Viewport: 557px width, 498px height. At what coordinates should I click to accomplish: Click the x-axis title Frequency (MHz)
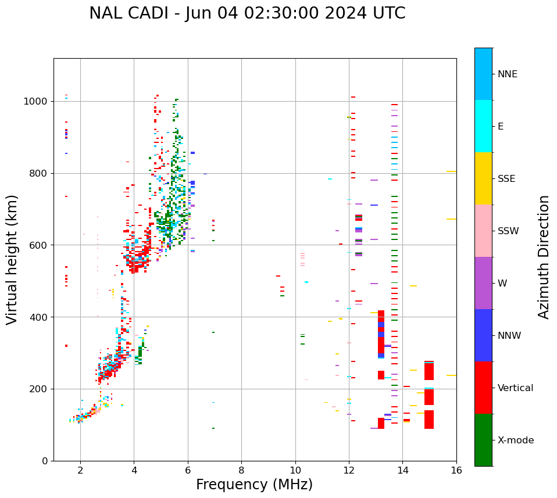point(254,485)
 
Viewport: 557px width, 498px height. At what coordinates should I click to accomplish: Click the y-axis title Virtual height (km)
point(12,260)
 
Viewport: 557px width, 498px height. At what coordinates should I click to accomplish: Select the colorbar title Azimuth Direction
point(544,257)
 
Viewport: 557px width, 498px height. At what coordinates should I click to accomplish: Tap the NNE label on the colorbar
point(507,74)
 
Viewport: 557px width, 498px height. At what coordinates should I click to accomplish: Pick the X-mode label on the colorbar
point(515,440)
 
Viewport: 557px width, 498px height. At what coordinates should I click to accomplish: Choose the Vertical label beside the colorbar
point(515,388)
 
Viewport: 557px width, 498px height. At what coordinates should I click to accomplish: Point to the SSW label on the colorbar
point(508,231)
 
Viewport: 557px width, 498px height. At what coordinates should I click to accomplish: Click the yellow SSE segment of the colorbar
point(483,178)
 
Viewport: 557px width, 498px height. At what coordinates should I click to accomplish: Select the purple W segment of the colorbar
point(483,283)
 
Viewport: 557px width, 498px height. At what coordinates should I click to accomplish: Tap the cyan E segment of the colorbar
point(483,126)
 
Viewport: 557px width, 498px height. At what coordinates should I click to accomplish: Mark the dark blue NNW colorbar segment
point(483,335)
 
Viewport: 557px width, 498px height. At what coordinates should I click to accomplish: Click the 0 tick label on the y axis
point(45,461)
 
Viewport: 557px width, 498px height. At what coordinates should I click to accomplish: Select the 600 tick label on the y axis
point(39,245)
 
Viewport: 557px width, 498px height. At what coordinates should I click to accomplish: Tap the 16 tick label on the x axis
point(456,470)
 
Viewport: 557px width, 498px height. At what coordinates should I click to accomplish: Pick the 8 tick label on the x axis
point(241,470)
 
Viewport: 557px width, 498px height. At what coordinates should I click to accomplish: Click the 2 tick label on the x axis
point(80,470)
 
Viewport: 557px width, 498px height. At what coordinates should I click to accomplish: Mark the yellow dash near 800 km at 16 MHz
point(451,171)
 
